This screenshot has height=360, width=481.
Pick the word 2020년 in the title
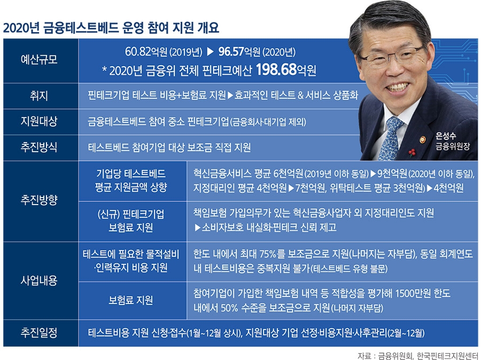23,27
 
